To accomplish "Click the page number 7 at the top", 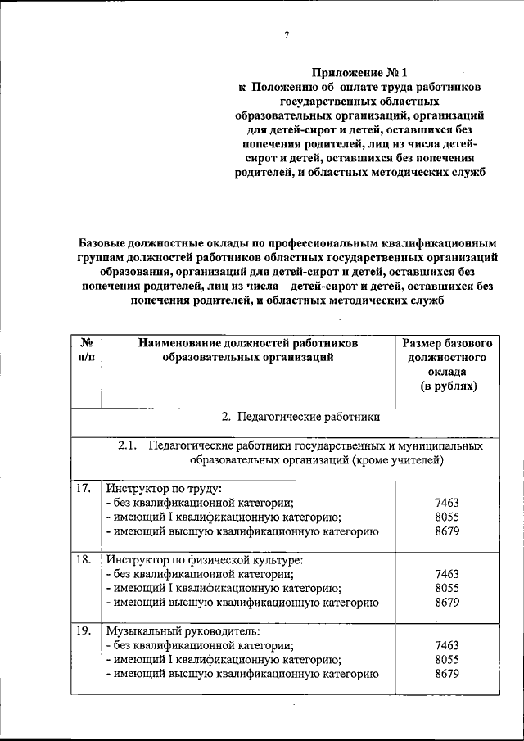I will point(287,35).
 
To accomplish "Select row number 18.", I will point(83,560).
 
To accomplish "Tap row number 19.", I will point(83,631).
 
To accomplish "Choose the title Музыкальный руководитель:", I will point(182,631).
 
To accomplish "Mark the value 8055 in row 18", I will point(447,588).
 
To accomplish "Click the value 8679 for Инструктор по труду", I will point(447,531).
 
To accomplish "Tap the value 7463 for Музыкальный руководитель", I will point(447,645).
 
